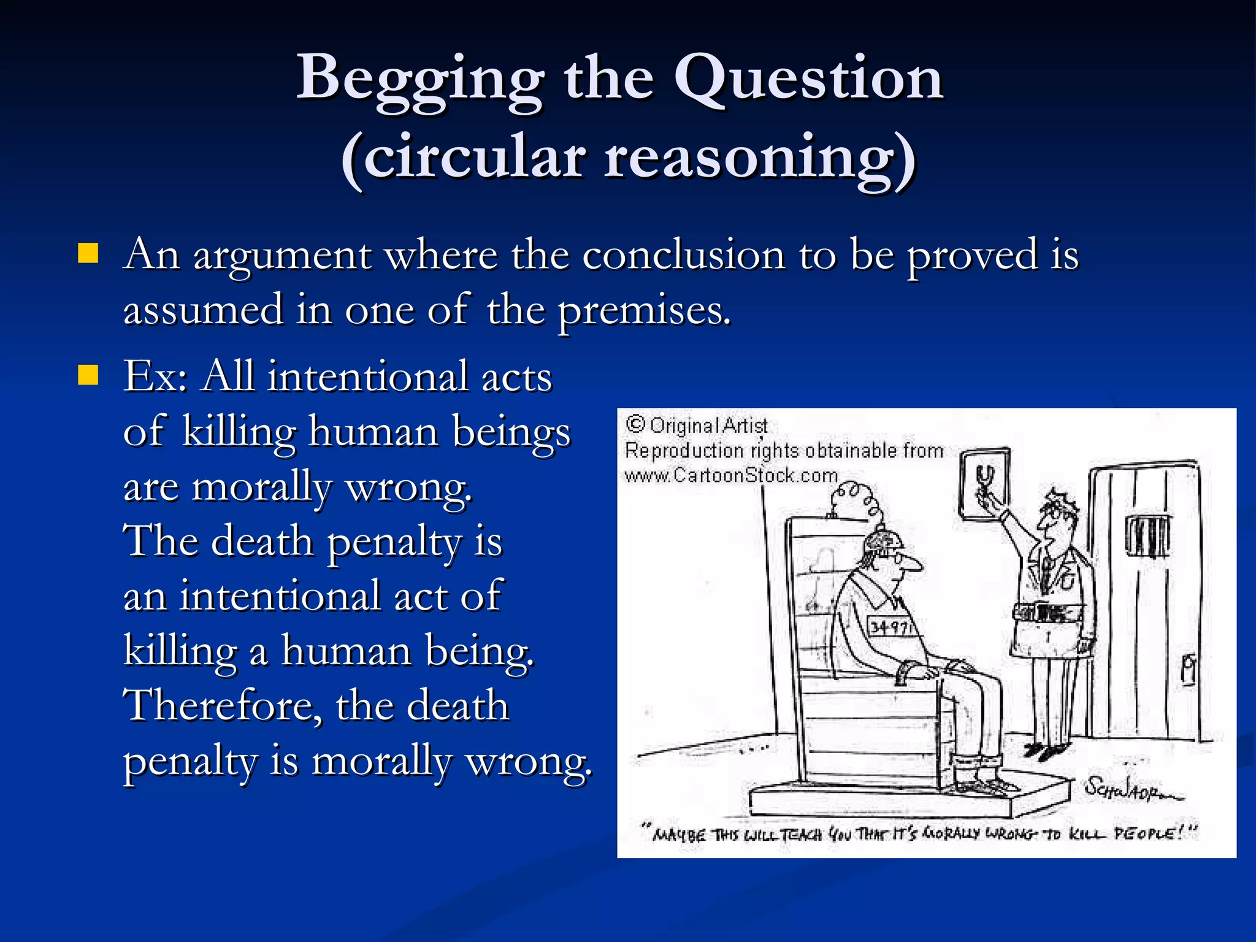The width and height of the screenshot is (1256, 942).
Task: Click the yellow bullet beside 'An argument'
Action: (x=88, y=253)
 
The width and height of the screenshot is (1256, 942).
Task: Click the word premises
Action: (x=643, y=311)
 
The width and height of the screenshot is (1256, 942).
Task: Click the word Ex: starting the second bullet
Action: (x=156, y=376)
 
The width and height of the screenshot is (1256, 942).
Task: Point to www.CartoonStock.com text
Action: (x=731, y=475)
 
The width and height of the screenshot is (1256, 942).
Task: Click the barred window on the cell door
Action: (x=1146, y=536)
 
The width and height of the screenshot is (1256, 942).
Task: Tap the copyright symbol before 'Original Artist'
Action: (x=636, y=424)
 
